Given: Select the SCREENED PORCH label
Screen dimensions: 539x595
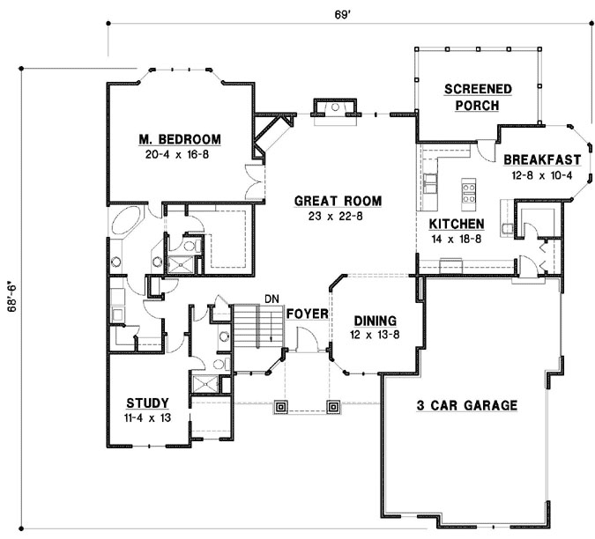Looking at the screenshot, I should [x=477, y=97].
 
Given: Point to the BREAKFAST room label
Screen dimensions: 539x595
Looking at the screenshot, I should [x=541, y=160].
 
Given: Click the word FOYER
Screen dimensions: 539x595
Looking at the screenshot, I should [x=307, y=313].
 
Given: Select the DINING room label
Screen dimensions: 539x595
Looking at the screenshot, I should [x=375, y=321].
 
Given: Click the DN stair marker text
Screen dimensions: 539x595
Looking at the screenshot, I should [x=271, y=299].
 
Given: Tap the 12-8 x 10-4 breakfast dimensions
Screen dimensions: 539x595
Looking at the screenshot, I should [x=541, y=175].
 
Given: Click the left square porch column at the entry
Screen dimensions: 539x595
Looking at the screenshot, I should [x=280, y=407].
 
